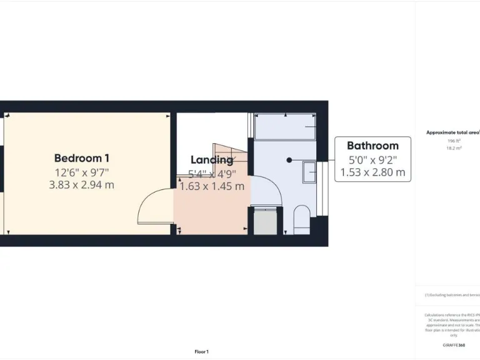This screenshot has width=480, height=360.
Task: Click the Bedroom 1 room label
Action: (82, 158)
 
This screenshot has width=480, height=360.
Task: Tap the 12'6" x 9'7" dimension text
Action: (82, 172)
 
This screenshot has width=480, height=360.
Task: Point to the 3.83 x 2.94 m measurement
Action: (82, 185)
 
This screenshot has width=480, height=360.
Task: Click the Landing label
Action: (211, 160)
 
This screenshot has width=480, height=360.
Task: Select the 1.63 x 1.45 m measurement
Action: (212, 186)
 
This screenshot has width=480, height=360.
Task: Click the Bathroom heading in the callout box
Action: (372, 146)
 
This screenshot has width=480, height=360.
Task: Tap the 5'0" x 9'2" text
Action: (372, 159)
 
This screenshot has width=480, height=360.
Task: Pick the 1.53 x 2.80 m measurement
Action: (372, 172)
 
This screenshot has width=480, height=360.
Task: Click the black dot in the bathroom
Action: (289, 160)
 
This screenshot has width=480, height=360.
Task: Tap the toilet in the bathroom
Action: (302, 219)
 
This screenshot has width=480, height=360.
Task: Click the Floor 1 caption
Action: (201, 352)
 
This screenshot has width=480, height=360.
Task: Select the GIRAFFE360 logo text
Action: (454, 345)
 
